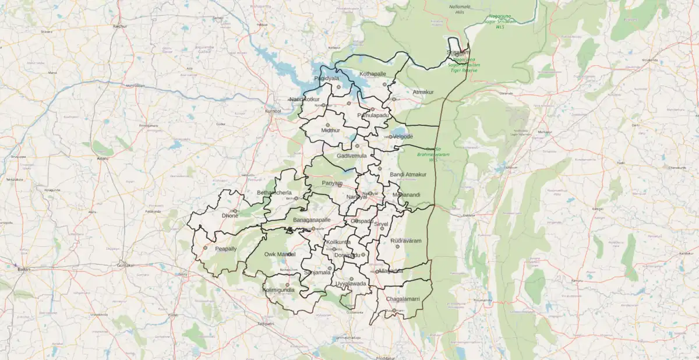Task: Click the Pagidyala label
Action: click(x=326, y=78)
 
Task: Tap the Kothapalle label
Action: click(x=373, y=74)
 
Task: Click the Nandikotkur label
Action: click(x=305, y=99)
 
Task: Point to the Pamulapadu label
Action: click(x=373, y=115)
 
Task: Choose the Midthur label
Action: click(x=330, y=130)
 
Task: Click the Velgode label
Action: click(x=402, y=136)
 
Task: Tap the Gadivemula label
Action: click(x=352, y=156)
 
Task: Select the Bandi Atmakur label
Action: click(x=408, y=174)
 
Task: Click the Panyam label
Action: click(x=332, y=183)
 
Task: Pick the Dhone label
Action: click(x=230, y=216)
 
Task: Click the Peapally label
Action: click(x=226, y=248)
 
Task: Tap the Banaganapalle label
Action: click(x=312, y=220)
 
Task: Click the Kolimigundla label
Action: click(x=278, y=290)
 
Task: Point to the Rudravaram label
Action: click(x=405, y=240)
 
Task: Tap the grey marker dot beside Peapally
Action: click(x=205, y=248)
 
